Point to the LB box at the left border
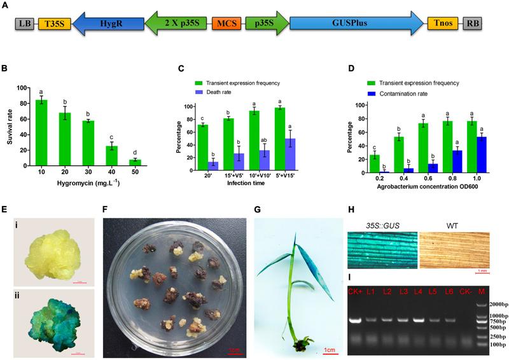pos(25,24)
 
